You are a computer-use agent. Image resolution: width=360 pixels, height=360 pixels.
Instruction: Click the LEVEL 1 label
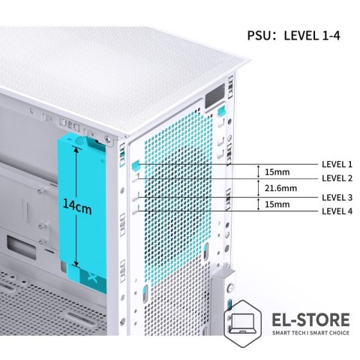click(337, 164)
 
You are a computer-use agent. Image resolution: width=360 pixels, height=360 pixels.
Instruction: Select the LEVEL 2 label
click(337, 178)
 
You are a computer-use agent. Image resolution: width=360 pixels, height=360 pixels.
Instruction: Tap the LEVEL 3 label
click(337, 197)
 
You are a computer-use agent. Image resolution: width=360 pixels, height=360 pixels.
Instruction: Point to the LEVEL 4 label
click(337, 211)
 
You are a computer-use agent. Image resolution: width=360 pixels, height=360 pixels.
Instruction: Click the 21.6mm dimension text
click(280, 188)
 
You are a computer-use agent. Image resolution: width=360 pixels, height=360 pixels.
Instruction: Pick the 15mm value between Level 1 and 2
click(277, 172)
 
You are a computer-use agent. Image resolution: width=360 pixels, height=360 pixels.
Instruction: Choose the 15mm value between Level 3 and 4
click(277, 204)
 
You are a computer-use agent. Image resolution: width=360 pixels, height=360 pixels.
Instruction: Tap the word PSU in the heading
click(259, 35)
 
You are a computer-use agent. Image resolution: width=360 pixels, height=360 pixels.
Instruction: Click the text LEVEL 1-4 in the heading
click(312, 35)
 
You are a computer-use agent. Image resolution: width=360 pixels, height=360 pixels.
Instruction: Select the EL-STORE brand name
click(310, 319)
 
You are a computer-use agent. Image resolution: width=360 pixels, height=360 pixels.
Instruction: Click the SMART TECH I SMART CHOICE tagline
click(310, 333)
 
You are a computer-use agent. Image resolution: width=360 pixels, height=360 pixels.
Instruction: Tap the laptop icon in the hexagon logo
click(242, 323)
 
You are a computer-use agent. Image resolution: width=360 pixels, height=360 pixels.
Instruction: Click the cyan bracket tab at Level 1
click(136, 166)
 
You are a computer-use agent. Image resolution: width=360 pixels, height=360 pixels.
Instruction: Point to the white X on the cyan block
click(93, 277)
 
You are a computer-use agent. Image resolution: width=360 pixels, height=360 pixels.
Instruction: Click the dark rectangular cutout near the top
click(215, 96)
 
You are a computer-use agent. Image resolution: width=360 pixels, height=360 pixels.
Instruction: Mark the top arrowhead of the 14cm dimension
click(76, 149)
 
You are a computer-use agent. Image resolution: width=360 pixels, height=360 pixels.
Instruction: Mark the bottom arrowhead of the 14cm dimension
click(76, 263)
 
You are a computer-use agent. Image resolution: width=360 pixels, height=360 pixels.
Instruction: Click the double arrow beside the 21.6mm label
click(259, 188)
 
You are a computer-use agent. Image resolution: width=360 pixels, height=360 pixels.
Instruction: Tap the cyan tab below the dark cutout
click(222, 111)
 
